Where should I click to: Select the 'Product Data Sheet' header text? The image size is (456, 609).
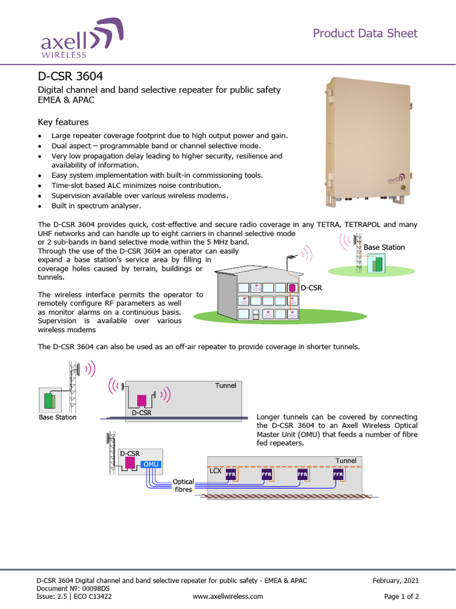coord(365,33)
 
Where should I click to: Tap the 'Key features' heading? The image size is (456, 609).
coord(63,122)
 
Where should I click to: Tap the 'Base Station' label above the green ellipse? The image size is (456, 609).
coord(384,247)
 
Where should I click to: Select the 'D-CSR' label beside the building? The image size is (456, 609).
coord(311,287)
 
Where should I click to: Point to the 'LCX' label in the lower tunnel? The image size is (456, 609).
coord(216,470)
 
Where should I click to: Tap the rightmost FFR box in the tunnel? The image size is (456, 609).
coord(338,475)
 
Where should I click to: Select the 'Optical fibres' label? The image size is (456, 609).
coord(183,485)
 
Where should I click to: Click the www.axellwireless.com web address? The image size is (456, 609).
coord(228,596)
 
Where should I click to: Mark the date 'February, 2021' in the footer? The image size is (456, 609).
coord(396,580)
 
